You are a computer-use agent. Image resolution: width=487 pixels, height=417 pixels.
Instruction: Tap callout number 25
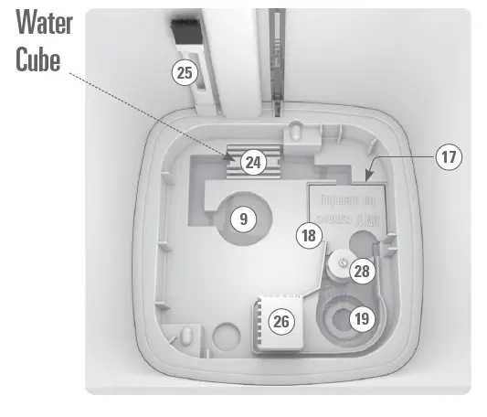(x=185, y=73)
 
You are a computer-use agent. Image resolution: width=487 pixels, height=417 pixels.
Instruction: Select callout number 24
(x=253, y=163)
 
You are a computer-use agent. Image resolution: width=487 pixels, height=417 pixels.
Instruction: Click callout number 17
(x=448, y=157)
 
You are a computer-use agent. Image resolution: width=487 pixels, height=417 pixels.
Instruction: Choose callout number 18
(x=308, y=235)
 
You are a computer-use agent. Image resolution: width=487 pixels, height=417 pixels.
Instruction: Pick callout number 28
(x=363, y=272)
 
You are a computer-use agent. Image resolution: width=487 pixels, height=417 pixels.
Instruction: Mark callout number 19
(x=363, y=318)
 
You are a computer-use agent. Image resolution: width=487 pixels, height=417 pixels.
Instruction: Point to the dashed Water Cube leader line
(x=146, y=110)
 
